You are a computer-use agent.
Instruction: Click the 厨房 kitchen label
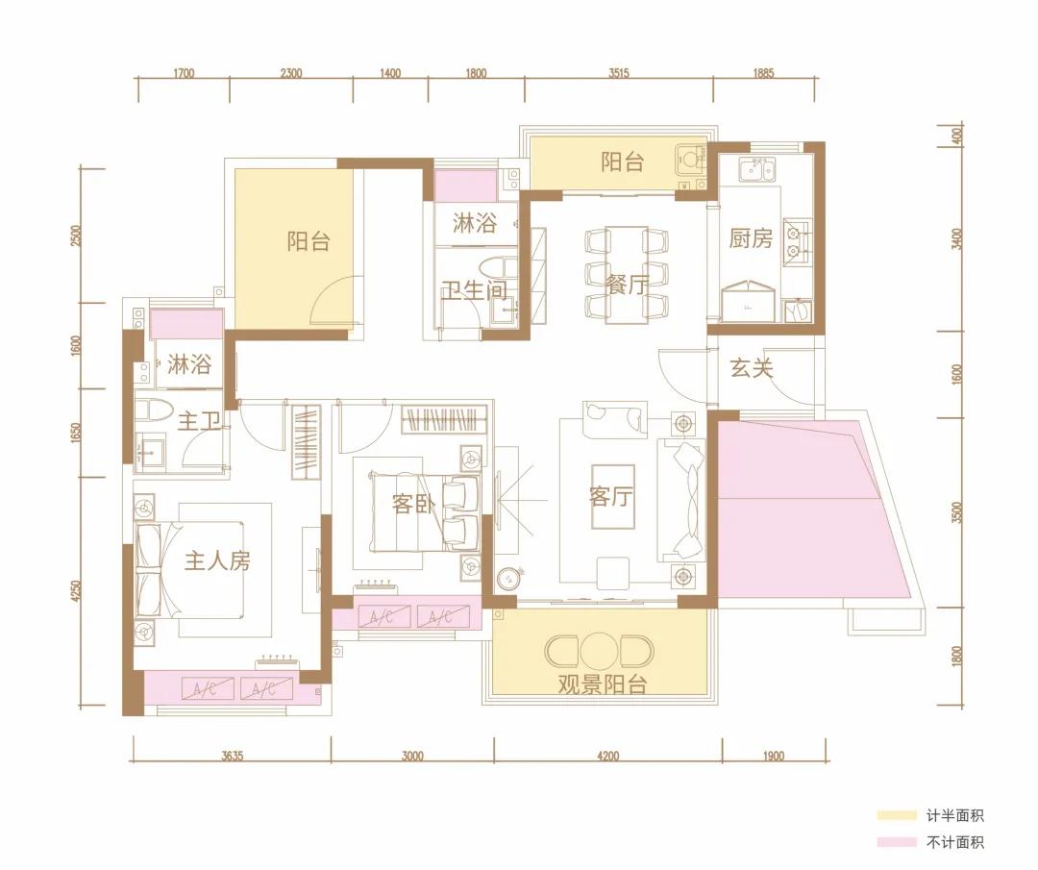click(751, 238)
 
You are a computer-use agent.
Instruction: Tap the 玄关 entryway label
click(752, 367)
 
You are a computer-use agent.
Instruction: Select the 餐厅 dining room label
click(628, 285)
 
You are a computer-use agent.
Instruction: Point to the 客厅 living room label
click(611, 496)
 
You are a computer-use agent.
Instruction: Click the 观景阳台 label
click(602, 684)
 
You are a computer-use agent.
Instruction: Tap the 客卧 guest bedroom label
click(413, 504)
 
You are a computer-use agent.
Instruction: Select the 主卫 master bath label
click(199, 420)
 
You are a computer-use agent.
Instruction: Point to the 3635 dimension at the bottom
click(233, 756)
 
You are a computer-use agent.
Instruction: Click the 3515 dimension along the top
click(618, 73)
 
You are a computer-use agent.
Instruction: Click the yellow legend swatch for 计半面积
click(897, 815)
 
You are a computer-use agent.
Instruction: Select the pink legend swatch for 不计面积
click(897, 842)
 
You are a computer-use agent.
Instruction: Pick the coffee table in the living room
click(613, 497)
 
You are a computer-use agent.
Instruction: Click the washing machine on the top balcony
click(691, 161)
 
